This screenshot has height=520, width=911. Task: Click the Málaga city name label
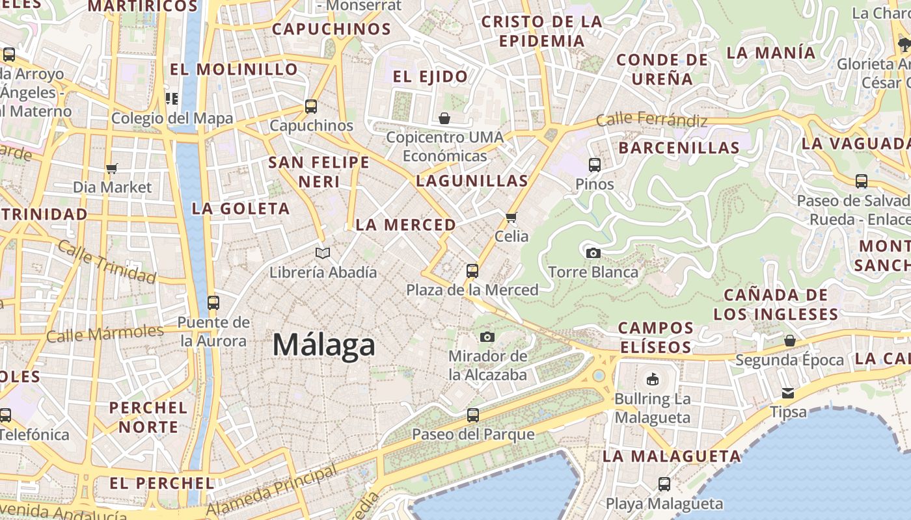[323, 344]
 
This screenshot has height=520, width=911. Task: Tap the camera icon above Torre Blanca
[593, 253]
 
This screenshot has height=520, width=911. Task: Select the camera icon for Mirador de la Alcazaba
[487, 337]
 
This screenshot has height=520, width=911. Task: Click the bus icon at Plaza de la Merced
[472, 270]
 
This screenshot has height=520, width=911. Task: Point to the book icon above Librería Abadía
[323, 253]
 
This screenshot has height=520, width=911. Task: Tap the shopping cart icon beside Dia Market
[112, 168]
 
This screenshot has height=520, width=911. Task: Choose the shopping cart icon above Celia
[511, 217]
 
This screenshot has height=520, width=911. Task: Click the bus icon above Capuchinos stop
[311, 106]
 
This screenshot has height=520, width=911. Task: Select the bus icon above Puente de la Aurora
[213, 302]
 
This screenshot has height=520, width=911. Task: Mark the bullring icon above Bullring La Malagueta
[653, 379]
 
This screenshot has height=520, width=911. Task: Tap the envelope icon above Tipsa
[788, 393]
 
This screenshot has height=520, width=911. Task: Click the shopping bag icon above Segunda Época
[790, 341]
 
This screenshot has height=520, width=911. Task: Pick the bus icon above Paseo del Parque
[473, 415]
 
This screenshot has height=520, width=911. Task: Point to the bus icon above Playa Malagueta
[664, 484]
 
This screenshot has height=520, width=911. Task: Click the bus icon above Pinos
[595, 164]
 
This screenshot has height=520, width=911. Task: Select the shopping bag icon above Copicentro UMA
[444, 118]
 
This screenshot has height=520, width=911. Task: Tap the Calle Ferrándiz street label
[651, 120]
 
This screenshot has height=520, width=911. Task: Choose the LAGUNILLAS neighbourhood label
[472, 181]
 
